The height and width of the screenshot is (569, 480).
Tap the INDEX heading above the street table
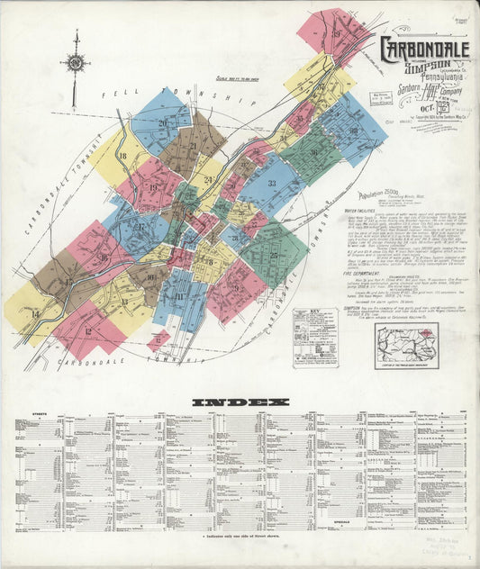pos(240,402)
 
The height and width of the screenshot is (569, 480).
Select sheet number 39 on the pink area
pos(336,35)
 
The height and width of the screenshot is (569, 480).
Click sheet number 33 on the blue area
pos(271,184)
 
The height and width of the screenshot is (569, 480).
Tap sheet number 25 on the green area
pos(273,255)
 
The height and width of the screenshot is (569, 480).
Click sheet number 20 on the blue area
pos(163,123)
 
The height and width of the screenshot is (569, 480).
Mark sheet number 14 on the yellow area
pos(35,314)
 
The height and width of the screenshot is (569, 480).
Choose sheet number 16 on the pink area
pos(104,259)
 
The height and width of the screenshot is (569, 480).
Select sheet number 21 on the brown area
pos(193,146)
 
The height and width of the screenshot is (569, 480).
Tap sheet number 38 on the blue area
pos(354,131)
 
